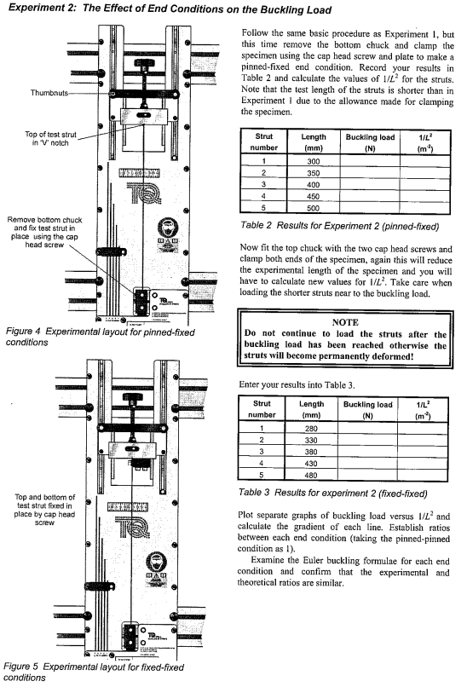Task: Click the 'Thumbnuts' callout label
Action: click(28, 92)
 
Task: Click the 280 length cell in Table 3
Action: click(314, 427)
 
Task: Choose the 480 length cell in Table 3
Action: click(314, 475)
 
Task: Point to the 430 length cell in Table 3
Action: click(314, 463)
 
